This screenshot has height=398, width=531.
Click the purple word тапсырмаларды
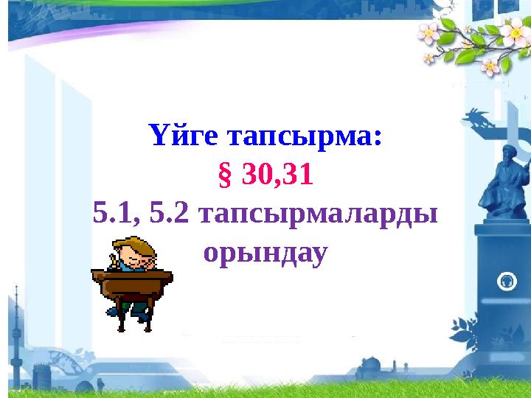pyautogui.click(x=318, y=216)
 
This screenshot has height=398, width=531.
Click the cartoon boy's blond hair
pyautogui.click(x=136, y=245)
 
